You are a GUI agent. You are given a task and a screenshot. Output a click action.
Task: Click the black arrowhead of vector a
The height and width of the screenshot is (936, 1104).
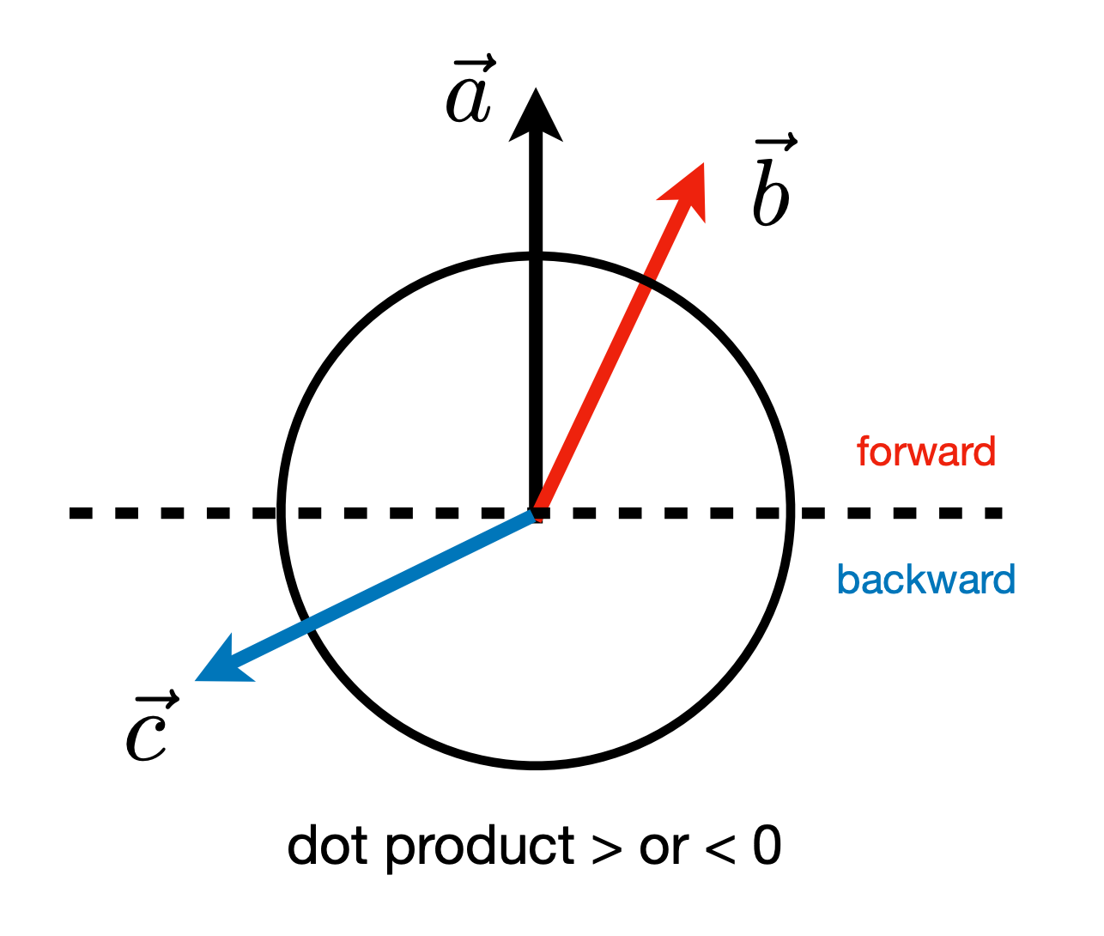536,120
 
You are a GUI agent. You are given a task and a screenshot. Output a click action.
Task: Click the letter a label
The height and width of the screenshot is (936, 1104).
468,101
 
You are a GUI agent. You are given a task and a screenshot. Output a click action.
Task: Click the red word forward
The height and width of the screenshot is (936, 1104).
926,452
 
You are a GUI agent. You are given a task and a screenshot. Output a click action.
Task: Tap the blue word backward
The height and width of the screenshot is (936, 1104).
926,579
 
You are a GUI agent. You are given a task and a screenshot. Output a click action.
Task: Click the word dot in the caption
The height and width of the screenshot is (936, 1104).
327,846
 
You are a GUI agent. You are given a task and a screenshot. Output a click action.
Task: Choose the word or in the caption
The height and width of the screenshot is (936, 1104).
663,850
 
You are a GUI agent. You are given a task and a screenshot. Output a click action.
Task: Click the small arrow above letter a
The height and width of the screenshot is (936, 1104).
475,64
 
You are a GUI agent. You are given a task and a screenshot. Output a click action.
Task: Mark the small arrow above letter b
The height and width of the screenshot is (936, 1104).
776,142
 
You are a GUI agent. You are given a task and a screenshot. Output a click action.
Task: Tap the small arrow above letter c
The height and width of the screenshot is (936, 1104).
158,699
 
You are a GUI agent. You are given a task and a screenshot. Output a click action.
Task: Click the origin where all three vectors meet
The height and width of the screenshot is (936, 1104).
536,514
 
